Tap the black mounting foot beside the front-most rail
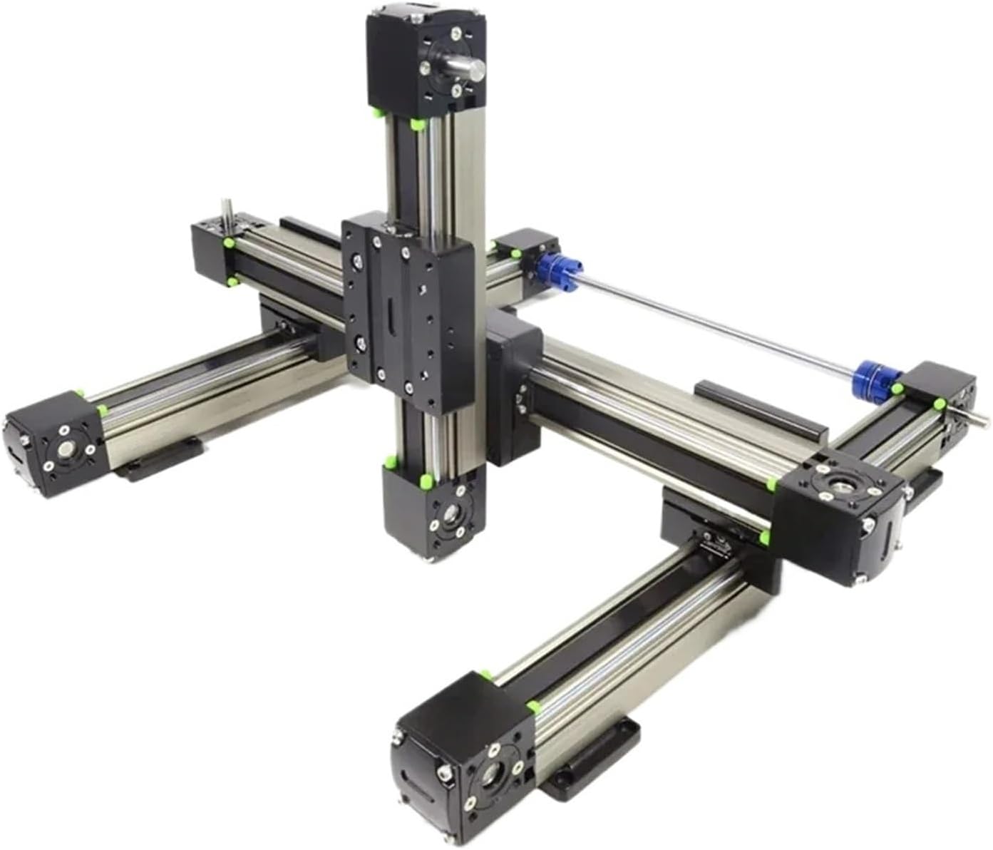(x=592, y=756)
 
